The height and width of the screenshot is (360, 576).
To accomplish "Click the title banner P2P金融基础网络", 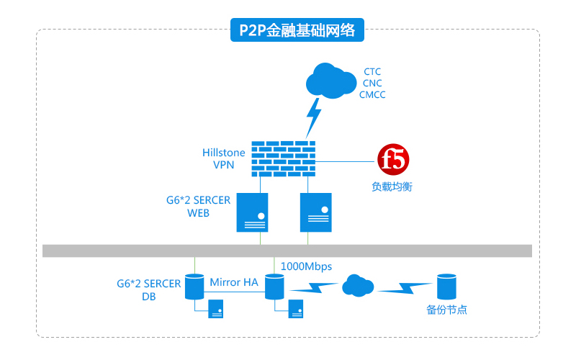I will click(297, 30).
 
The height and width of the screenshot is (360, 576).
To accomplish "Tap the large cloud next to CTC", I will click(330, 80).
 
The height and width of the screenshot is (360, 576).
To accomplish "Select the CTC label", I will click(372, 72).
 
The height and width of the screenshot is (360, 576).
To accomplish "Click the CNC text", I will click(372, 83).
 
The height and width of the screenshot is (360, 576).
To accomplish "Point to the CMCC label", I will click(372, 94).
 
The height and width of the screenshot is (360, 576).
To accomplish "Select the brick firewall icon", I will click(284, 157).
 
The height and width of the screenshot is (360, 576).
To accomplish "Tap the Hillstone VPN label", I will click(224, 158).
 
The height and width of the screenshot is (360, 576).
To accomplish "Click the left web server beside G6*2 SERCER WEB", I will click(253, 212).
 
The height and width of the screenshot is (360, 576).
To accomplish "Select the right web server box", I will click(315, 212).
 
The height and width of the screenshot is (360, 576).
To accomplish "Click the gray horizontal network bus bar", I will click(287, 251).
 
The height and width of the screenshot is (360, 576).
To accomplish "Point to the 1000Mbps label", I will click(306, 266).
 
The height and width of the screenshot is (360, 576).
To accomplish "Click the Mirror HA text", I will click(233, 282).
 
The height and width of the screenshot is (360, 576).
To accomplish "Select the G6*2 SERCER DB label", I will click(149, 289).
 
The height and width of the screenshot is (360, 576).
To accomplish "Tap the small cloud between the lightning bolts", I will click(358, 286).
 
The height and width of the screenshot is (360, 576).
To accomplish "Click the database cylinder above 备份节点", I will click(446, 287).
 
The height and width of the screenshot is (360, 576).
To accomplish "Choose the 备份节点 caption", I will click(446, 310).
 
